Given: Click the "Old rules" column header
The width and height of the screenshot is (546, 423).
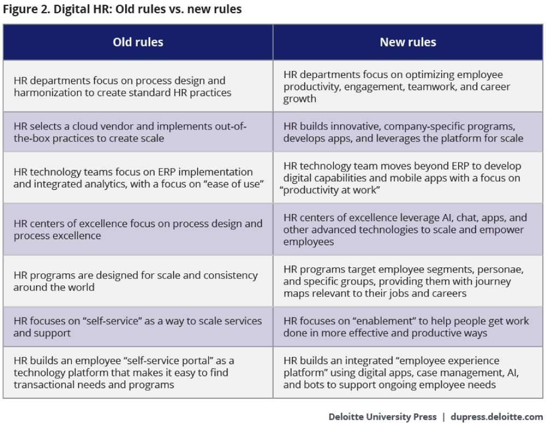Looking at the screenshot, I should pos(138,42).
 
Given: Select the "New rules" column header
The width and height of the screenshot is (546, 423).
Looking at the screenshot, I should pos(408,42).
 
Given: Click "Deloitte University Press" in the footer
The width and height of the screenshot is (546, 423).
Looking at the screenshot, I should pos(382,416).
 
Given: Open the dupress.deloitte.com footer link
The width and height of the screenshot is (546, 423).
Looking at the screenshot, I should pos(496,416).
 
